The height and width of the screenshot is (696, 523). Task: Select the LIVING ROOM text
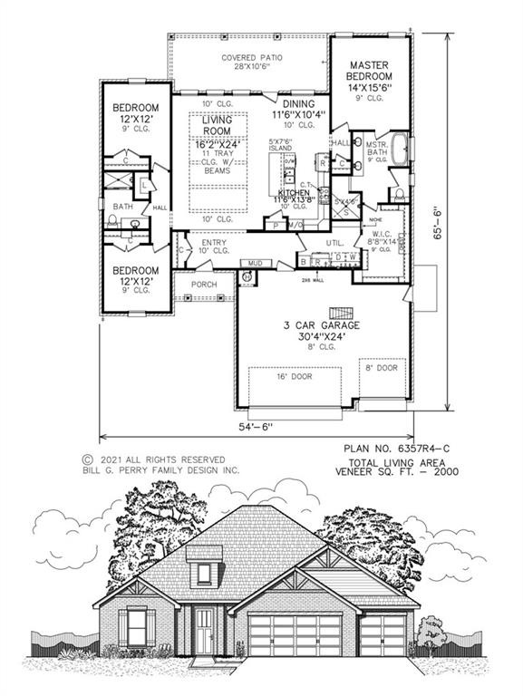218,126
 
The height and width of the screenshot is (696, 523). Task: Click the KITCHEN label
295,193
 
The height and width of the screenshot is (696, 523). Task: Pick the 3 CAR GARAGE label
324,324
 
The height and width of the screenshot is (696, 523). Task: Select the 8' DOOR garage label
382,369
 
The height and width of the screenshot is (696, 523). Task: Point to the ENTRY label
214,242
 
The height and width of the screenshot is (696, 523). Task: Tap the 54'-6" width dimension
257,426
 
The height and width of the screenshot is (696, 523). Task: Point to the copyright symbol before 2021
88,459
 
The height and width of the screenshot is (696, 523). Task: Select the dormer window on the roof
204,573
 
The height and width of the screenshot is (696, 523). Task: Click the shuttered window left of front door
137,627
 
